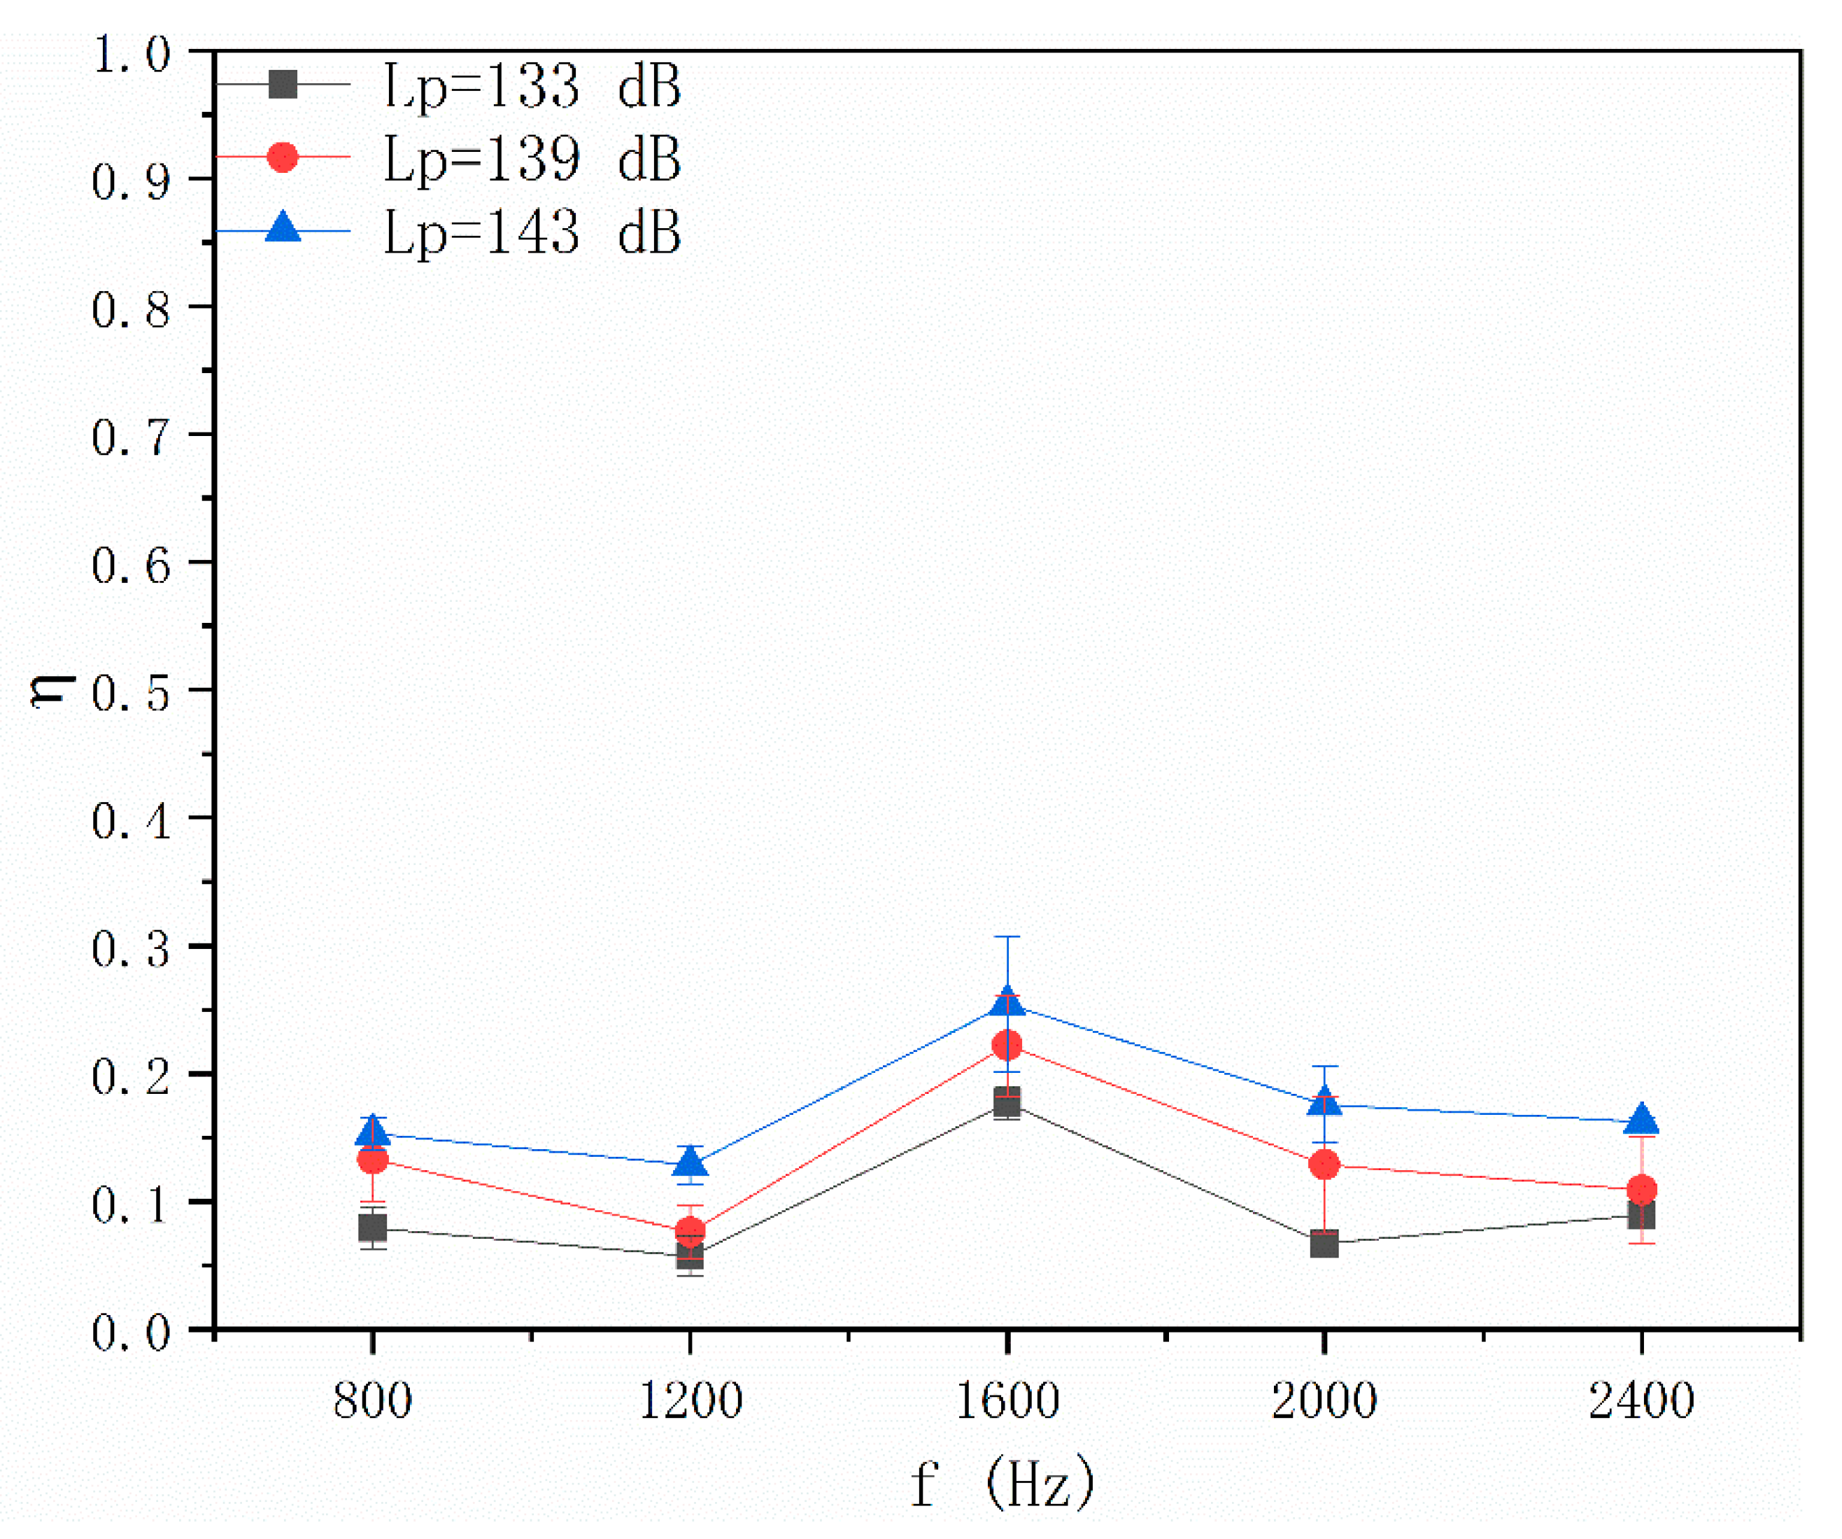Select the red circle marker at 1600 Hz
(x=1007, y=1045)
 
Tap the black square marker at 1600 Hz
(x=1007, y=1102)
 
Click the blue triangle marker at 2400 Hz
(x=1642, y=1120)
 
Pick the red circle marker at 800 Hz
(x=373, y=1160)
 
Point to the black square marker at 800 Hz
(x=373, y=1228)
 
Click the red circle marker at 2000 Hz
(x=1324, y=1165)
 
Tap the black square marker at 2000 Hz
(x=1324, y=1244)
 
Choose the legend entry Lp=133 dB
(x=532, y=86)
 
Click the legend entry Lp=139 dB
(x=532, y=159)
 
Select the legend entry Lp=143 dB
(x=532, y=232)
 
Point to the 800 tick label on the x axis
(x=373, y=1400)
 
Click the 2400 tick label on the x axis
(x=1641, y=1400)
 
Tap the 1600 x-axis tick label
(x=1007, y=1400)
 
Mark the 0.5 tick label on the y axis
(x=131, y=692)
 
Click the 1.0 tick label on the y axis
(x=131, y=55)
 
